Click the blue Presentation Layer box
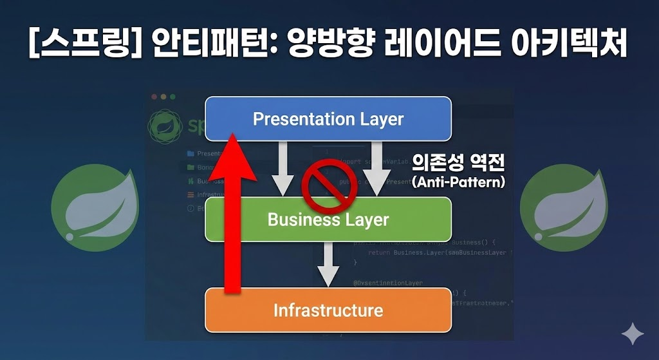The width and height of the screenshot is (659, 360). (328, 118)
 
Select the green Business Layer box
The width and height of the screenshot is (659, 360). (328, 219)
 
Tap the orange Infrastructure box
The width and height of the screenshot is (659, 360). (328, 310)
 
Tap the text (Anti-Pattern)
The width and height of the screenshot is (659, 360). (459, 182)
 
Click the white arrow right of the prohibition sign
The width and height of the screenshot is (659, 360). (377, 169)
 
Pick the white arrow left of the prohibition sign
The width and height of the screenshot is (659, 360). (281, 169)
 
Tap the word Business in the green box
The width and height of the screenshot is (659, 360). (294, 219)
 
